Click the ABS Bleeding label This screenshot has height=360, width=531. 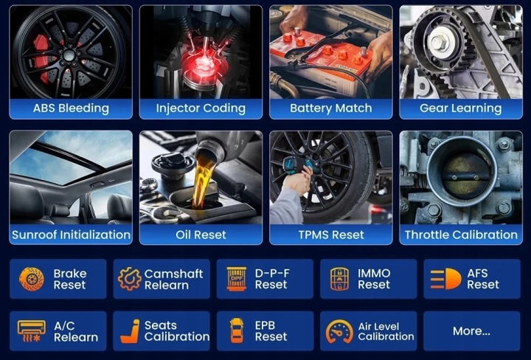[x=71, y=108]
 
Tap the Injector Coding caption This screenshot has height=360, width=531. [x=201, y=108]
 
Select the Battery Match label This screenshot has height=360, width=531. [x=331, y=108]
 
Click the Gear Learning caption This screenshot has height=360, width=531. [x=460, y=108]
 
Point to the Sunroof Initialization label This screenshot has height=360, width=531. [x=71, y=235]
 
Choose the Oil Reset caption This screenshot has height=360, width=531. [x=201, y=235]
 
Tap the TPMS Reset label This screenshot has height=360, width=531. [x=331, y=235]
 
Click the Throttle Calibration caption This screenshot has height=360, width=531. [x=461, y=235]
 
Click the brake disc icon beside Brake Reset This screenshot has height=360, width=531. [x=32, y=279]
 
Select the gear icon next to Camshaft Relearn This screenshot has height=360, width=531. [x=129, y=279]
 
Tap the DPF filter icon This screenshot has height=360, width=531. [x=237, y=279]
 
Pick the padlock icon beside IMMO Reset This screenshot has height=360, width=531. [x=339, y=279]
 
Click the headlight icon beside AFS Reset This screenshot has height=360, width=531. [x=445, y=279]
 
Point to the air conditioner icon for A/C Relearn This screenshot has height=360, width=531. [x=31, y=331]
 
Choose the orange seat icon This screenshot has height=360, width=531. [x=131, y=331]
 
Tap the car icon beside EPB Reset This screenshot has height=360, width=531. [x=237, y=330]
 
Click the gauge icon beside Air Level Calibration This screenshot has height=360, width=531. [x=339, y=331]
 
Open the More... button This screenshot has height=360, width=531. [x=471, y=331]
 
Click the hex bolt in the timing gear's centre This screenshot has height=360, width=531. [x=438, y=41]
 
